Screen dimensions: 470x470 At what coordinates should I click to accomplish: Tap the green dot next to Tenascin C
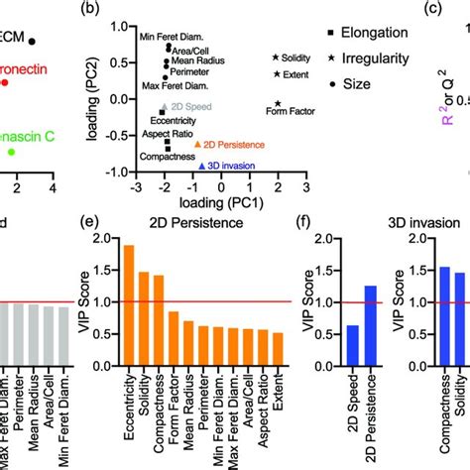11,152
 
